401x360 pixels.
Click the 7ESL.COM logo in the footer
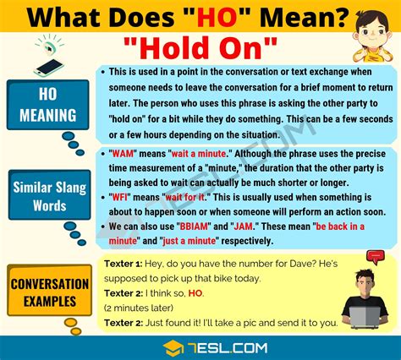click(200, 348)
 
